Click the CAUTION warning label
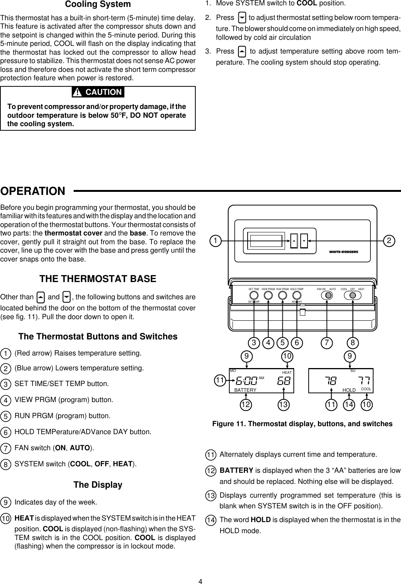pyautogui.click(x=98, y=92)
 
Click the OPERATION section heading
pyautogui.click(x=33, y=191)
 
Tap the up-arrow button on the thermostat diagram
pyautogui.click(x=294, y=241)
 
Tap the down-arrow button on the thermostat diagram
pyautogui.click(x=304, y=241)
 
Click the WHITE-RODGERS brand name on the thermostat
pyautogui.click(x=343, y=251)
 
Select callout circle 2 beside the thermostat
pyautogui.click(x=390, y=241)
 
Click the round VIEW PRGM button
pyautogui.click(x=269, y=295)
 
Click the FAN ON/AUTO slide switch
pyautogui.click(x=327, y=295)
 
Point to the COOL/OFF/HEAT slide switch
pyautogui.click(x=353, y=295)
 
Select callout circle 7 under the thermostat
pyautogui.click(x=327, y=342)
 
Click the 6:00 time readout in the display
pyautogui.click(x=246, y=381)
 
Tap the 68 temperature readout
pyautogui.click(x=284, y=381)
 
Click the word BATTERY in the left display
pyautogui.click(x=245, y=390)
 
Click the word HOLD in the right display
pyautogui.click(x=349, y=390)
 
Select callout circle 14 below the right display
pyautogui.click(x=349, y=404)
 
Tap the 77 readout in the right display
pyautogui.click(x=364, y=381)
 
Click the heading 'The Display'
pyautogui.click(x=98, y=485)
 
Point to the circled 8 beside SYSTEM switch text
pyautogui.click(x=6, y=464)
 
